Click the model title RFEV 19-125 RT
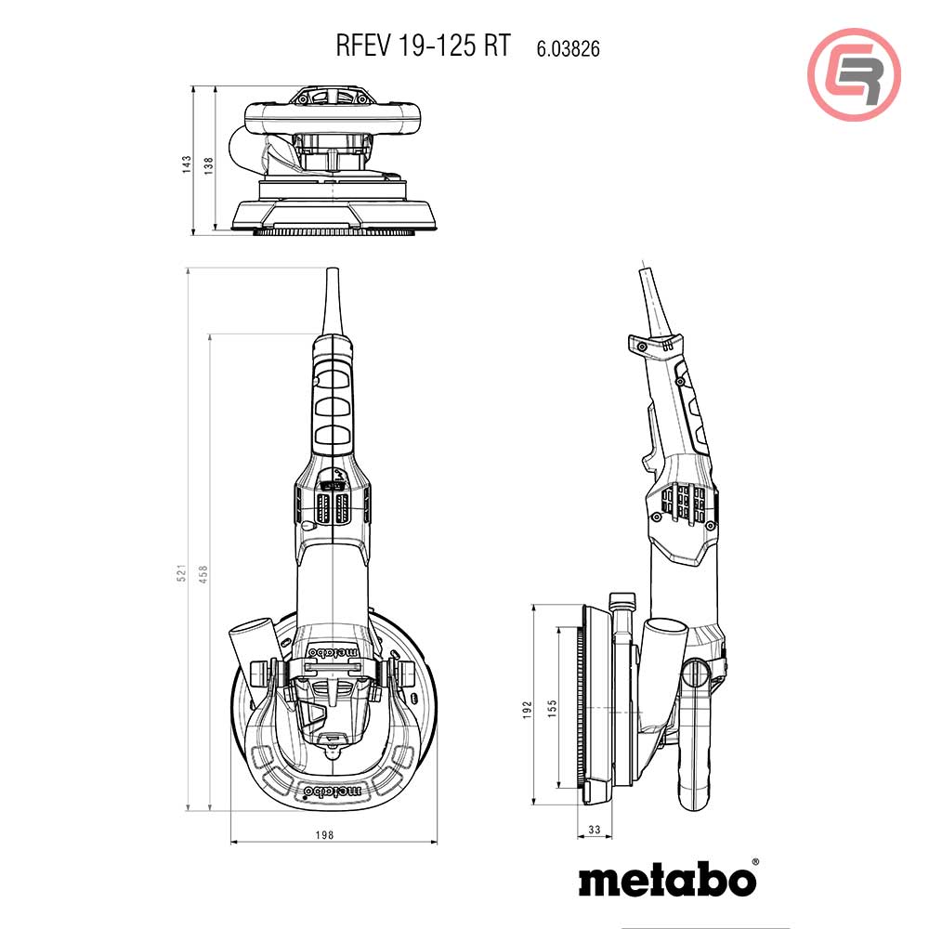coord(423,47)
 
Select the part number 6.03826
coord(567,49)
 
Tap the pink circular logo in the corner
coord(854,74)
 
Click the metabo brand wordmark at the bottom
coord(668,878)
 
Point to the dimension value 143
coord(186,164)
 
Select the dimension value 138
coord(208,164)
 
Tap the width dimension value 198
coord(323,836)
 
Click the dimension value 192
coord(527,710)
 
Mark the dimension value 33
coord(594,830)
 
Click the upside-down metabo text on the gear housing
coord(333,652)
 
